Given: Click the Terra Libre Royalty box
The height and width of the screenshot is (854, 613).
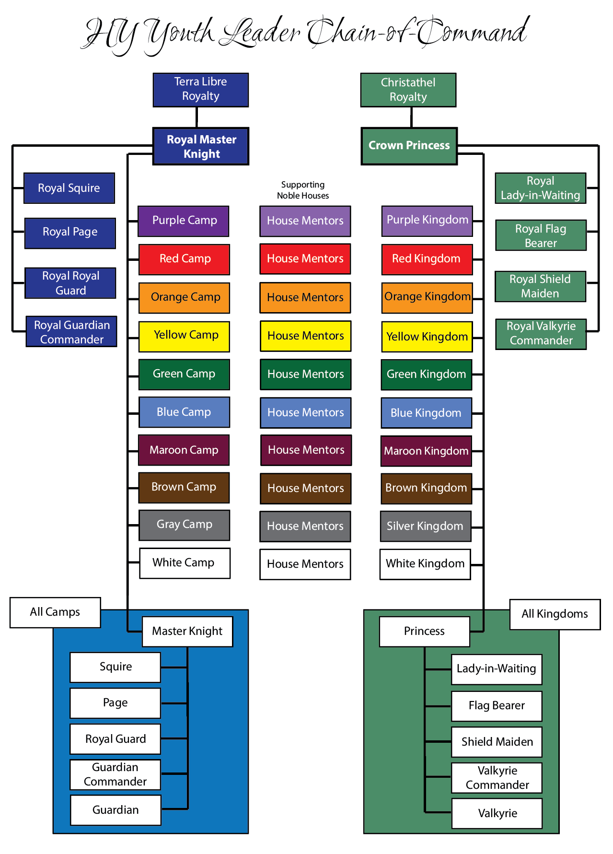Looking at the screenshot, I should [x=200, y=90].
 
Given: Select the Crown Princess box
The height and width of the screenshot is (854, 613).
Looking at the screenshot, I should [x=409, y=146].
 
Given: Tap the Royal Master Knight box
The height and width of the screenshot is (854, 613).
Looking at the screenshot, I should [x=201, y=146].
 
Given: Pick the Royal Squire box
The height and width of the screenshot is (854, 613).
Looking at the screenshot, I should [x=69, y=188].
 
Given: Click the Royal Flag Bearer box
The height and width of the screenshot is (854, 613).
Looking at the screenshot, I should [x=541, y=235].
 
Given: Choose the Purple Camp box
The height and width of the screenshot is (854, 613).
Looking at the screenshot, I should [x=184, y=221].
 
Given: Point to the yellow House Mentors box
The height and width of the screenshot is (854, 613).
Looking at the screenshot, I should [x=305, y=336].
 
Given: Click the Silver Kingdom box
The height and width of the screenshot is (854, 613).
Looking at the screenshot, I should [x=425, y=526].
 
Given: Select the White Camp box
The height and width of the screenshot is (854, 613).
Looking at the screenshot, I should [x=185, y=563].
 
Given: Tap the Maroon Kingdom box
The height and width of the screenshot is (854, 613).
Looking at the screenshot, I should [x=426, y=451].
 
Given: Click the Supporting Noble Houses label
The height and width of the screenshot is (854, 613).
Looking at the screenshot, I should [x=303, y=190].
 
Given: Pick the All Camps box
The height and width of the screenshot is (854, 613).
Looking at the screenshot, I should [x=55, y=612].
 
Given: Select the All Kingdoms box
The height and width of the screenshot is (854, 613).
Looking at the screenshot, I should [x=555, y=614].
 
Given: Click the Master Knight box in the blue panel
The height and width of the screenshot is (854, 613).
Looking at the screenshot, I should [x=187, y=632].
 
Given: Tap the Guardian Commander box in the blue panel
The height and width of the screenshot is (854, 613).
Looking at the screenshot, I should [x=115, y=774].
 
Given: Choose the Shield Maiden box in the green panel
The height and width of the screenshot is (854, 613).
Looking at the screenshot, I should [x=497, y=742].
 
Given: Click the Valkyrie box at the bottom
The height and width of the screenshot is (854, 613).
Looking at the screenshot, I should [x=497, y=813].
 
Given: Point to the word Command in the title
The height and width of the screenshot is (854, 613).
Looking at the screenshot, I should [x=472, y=31].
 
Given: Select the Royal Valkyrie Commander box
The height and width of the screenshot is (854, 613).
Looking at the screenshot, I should [x=541, y=334].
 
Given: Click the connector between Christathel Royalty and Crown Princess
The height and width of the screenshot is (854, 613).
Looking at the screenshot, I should [x=411, y=117].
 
